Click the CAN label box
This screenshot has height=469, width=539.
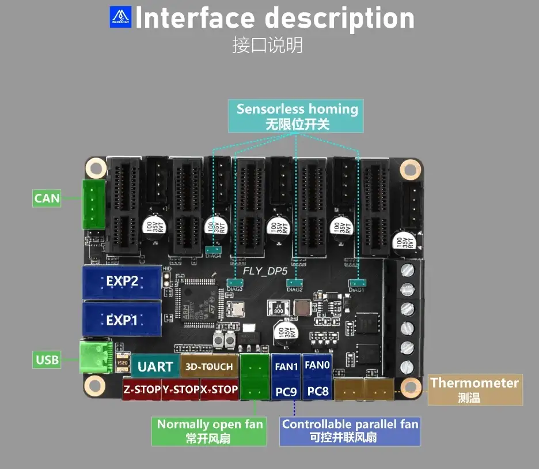tap(47, 198)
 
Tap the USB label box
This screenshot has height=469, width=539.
tap(47, 360)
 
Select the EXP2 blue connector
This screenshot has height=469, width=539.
tap(122, 282)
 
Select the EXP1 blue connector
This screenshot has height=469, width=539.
tap(122, 319)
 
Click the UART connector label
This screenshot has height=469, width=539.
tap(155, 366)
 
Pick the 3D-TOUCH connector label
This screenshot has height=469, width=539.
tap(209, 366)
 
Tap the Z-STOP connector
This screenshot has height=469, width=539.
tap(142, 389)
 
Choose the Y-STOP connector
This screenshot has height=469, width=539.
tap(180, 389)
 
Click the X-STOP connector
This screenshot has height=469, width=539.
tap(219, 389)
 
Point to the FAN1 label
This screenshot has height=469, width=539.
tap(286, 366)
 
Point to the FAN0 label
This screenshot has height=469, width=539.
tap(317, 365)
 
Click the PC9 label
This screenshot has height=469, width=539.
tap(286, 392)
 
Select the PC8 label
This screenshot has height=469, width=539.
tap(317, 392)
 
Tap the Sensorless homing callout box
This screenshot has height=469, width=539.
tap(297, 116)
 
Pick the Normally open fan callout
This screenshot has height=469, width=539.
tap(210, 430)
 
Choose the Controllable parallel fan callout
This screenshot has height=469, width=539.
tap(350, 430)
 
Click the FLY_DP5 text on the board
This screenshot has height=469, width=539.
tap(265, 270)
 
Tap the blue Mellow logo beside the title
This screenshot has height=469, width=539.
tap(120, 17)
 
